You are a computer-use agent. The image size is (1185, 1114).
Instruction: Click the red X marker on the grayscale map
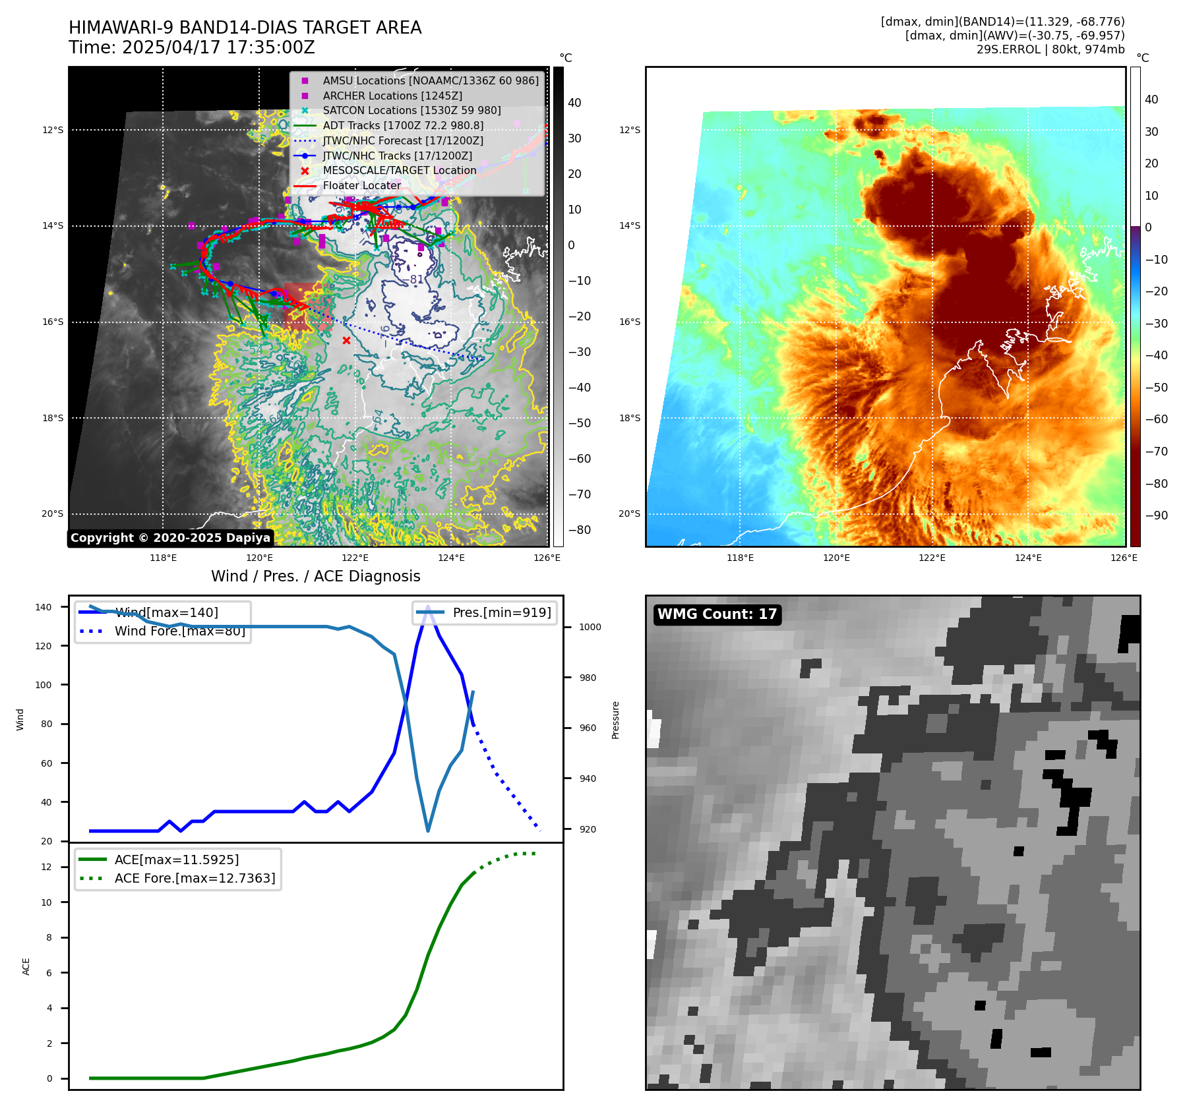point(346,340)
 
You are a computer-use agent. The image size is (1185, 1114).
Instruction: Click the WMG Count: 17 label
point(717,614)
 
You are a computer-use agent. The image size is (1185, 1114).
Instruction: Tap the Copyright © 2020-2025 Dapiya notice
point(170,538)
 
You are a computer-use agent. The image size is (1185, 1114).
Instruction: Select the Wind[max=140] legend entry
point(166,612)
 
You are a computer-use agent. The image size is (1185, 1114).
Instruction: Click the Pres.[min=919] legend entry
point(502,612)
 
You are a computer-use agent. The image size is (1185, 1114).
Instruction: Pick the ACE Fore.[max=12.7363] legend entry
point(195,878)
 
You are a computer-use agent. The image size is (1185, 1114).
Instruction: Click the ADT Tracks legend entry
point(403,125)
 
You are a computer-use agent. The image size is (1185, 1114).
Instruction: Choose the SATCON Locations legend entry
point(411,110)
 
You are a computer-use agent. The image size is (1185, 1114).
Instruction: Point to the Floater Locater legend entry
point(361,185)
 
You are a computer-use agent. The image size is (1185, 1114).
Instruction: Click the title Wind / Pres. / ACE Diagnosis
point(315,576)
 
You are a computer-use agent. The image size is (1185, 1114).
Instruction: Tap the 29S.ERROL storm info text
point(1050,49)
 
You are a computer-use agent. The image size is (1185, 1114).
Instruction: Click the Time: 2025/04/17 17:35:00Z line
point(192,48)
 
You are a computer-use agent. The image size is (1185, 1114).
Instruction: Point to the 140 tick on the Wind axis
point(44,607)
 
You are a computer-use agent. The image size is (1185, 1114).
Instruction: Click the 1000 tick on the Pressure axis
point(590,627)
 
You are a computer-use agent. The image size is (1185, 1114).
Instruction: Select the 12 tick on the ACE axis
point(46,867)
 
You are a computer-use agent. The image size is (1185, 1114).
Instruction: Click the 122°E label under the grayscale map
point(355,558)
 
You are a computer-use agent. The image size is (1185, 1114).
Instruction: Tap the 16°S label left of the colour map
point(629,322)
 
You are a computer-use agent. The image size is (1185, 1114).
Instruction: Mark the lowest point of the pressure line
point(428,831)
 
